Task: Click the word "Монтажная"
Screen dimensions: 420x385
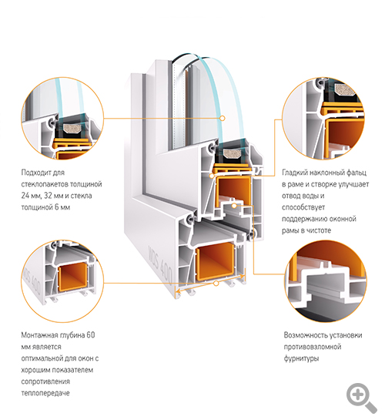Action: pos(43,335)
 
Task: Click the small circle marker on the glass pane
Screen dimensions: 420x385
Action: pos(222,118)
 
